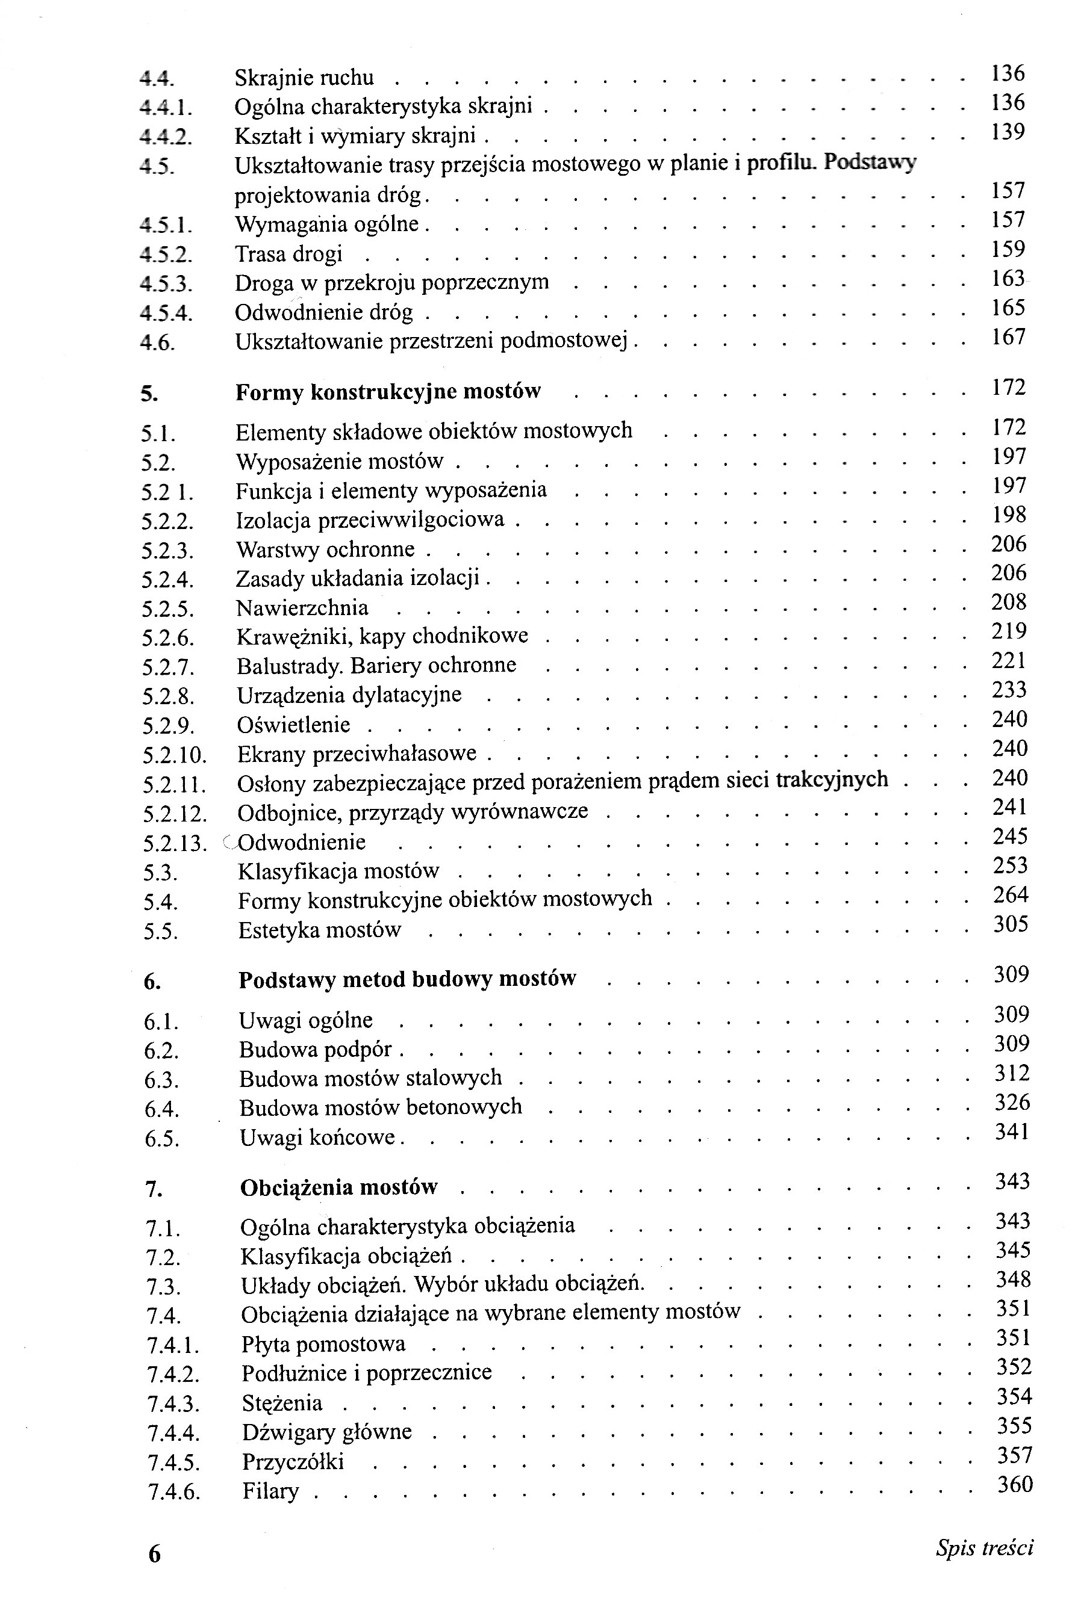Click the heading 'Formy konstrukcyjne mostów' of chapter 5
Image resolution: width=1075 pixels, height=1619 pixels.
pos(388,392)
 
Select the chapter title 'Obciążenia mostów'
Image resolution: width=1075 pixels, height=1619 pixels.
pos(338,1187)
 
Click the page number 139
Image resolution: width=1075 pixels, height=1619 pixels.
pos(1008,132)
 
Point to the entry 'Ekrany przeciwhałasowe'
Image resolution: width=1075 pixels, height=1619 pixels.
pos(357,754)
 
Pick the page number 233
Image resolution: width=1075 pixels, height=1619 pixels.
pos(1009,689)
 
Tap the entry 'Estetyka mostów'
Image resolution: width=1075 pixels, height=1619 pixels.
pos(319,930)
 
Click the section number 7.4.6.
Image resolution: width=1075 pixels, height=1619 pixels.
pos(173,1491)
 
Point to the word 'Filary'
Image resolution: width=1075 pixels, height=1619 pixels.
pos(271,1491)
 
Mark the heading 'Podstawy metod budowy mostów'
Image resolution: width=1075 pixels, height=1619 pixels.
pos(407,979)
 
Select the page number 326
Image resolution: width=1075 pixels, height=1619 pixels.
pos(1012,1102)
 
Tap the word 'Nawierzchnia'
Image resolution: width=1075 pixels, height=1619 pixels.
pos(302,608)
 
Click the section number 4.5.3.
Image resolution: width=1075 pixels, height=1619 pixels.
pos(166,283)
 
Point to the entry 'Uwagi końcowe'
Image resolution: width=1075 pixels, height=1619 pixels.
pos(318,1138)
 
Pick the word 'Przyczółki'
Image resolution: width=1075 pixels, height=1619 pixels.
pos(293,1461)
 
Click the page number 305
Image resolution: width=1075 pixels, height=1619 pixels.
pos(1011,924)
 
